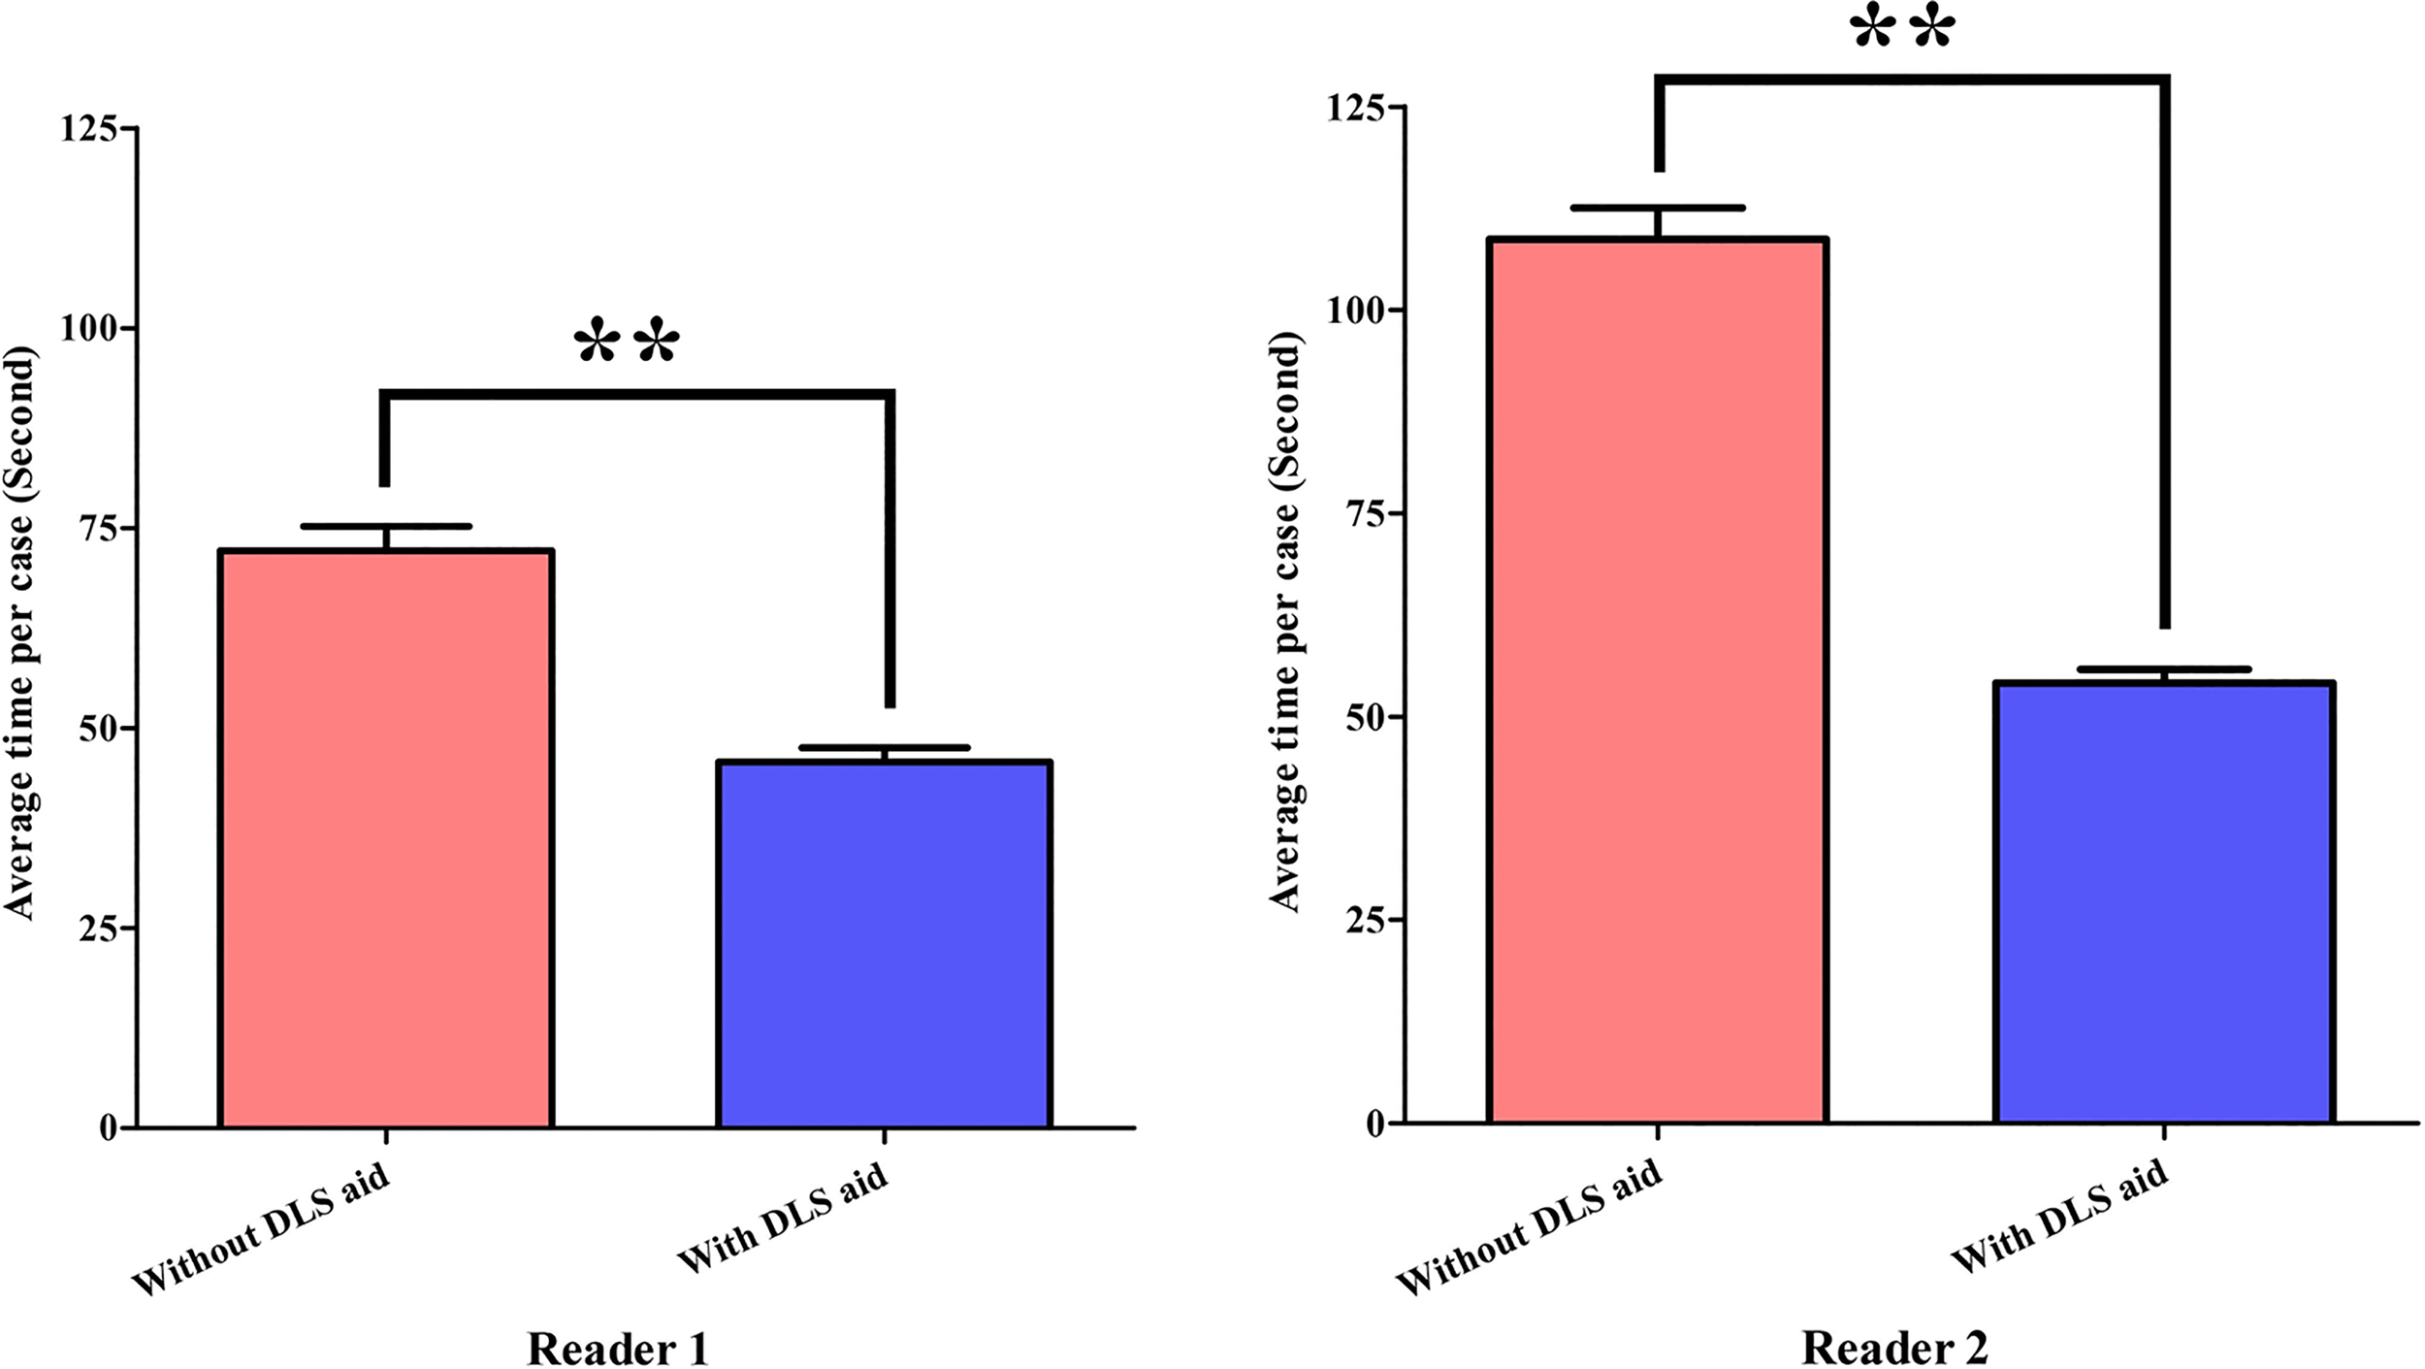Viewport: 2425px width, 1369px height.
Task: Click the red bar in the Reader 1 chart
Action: [386, 839]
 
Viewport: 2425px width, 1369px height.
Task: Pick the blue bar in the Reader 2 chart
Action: [2164, 902]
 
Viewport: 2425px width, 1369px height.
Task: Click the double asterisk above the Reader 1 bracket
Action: [627, 342]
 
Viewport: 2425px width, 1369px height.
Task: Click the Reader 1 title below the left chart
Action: [618, 1348]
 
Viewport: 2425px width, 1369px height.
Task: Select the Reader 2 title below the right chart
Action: [1894, 1346]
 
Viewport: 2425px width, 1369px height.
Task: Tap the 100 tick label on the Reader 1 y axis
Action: [89, 328]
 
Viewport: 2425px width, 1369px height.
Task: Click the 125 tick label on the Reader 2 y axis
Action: [1355, 108]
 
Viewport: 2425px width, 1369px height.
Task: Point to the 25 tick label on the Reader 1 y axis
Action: [98, 929]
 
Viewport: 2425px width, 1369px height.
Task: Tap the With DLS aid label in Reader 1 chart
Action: [782, 1219]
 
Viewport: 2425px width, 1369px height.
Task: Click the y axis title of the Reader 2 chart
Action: [1284, 621]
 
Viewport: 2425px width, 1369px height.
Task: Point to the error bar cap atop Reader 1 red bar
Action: [386, 527]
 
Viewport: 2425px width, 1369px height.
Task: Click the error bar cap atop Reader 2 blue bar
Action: [2163, 669]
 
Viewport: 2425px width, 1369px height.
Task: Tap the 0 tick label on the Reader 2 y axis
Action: [1374, 1124]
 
